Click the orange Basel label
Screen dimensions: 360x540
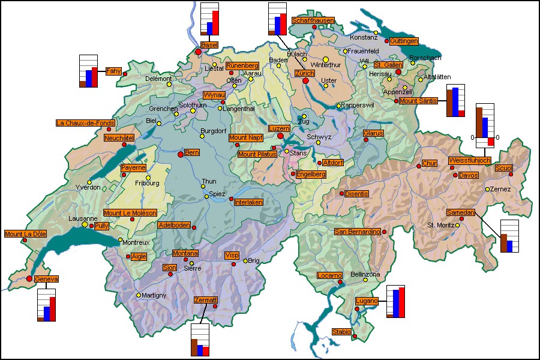209,46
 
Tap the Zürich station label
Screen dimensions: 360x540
304,73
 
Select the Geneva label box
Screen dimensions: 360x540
46,279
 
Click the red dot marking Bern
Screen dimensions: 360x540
180,154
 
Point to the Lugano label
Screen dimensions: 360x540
367,301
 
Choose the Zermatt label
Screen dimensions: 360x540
206,299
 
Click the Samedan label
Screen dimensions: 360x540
461,212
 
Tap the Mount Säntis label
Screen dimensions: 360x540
418,101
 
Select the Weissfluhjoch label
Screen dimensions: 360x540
470,160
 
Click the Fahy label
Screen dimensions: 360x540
113,71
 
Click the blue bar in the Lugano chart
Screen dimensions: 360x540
395,303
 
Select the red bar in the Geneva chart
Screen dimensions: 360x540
52,308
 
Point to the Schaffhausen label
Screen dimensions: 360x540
313,20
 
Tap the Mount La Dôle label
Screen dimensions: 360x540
25,233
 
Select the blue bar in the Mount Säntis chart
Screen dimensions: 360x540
455,101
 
